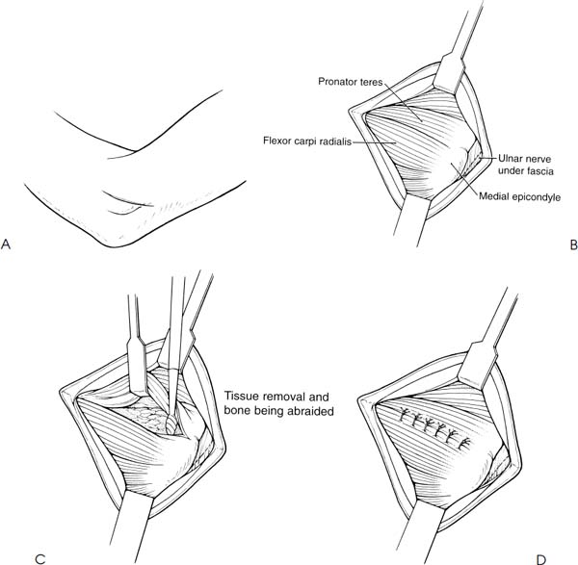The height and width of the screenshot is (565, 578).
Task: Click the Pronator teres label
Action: point(351,82)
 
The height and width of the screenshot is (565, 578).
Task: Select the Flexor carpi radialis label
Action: point(307,141)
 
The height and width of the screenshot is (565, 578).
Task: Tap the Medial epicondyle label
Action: point(520,197)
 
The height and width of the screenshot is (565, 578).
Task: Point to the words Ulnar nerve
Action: point(525,159)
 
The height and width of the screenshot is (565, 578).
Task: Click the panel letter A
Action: point(6,244)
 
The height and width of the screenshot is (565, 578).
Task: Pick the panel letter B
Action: point(573,244)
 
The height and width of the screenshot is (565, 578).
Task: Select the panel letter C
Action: point(39,559)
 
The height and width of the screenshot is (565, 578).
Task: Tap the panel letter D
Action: point(540,559)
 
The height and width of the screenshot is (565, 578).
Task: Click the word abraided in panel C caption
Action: point(310,411)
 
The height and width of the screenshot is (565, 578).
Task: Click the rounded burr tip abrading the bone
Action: point(171,424)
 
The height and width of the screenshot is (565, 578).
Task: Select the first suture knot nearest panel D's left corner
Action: point(405,414)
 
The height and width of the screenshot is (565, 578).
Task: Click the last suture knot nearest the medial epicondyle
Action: point(463,443)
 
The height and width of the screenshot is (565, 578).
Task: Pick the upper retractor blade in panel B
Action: point(448,75)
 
